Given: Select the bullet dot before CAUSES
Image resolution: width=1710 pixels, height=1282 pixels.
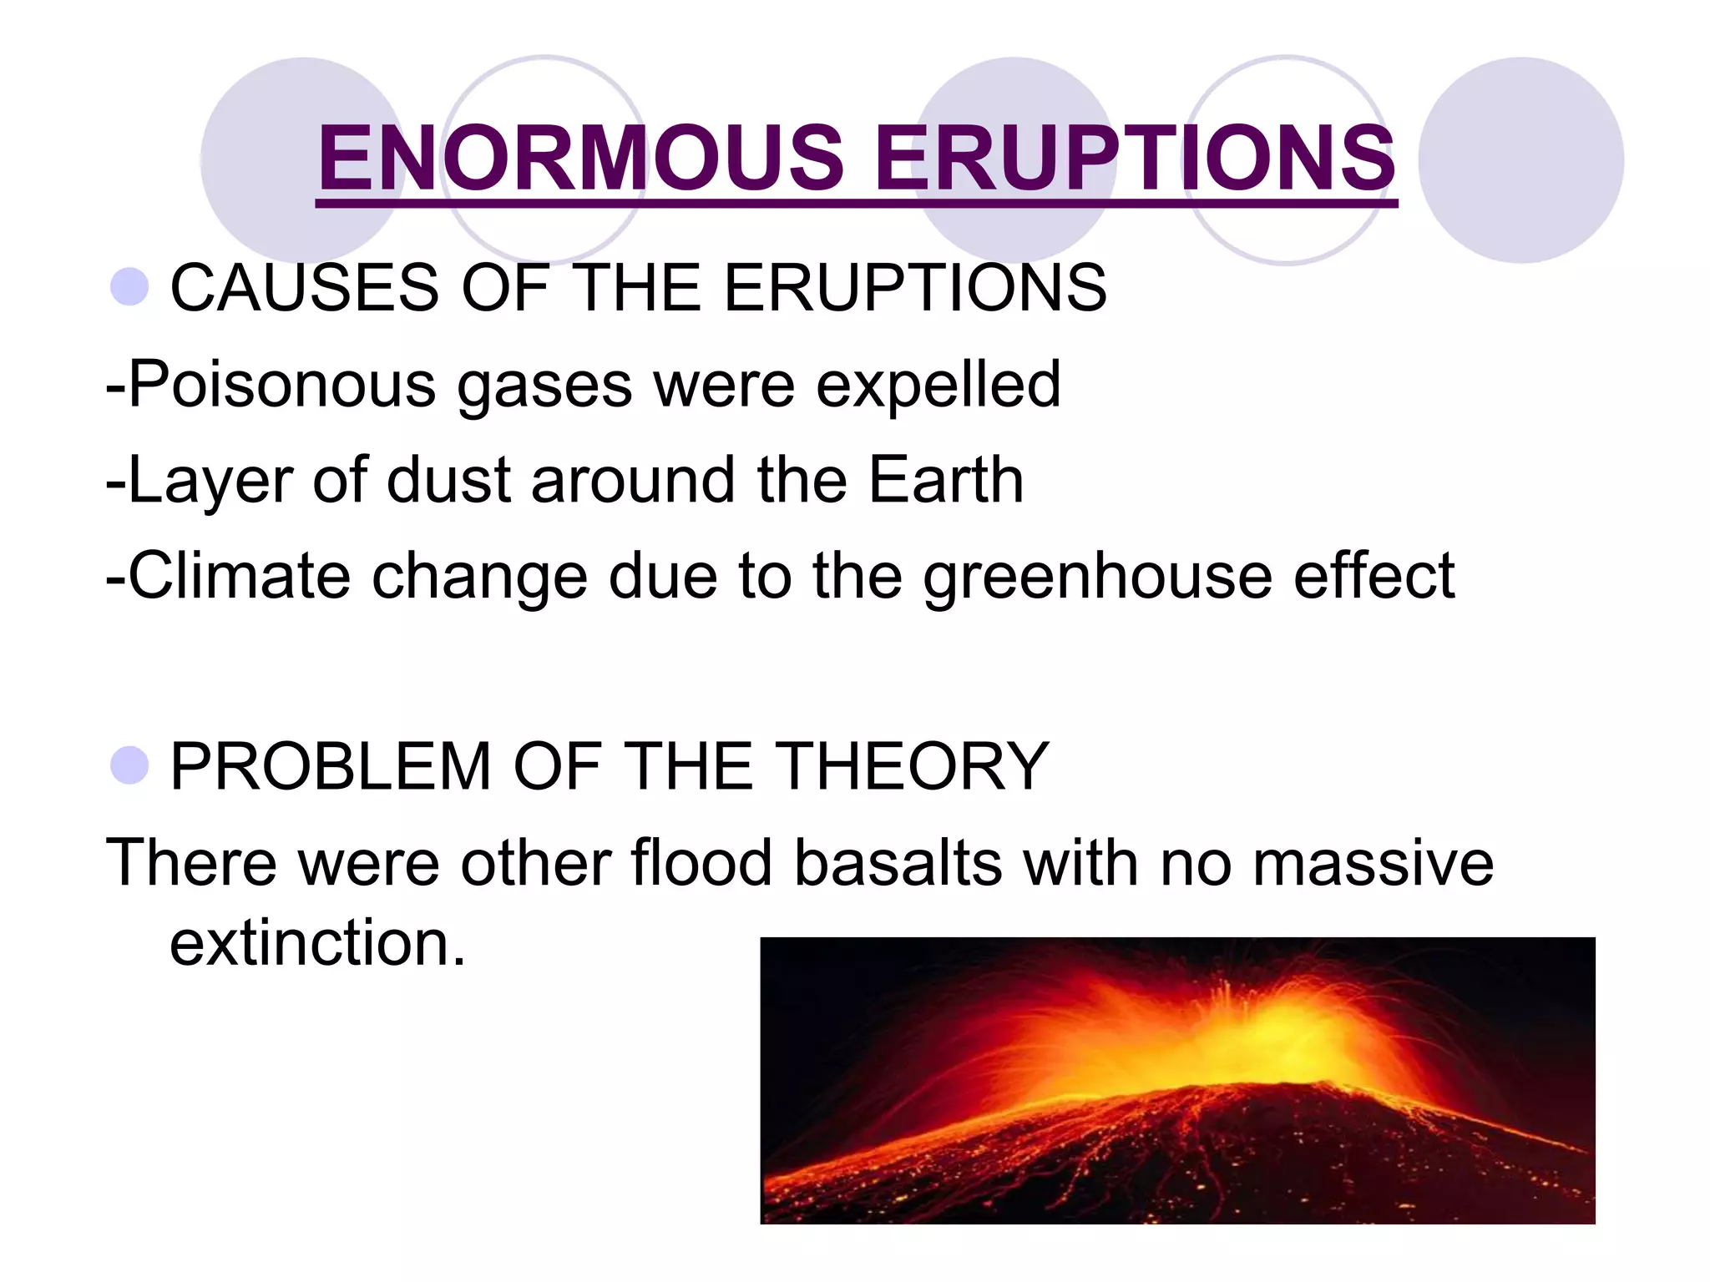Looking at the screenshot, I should tap(129, 287).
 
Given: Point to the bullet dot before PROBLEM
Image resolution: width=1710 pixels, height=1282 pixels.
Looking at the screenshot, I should tap(129, 765).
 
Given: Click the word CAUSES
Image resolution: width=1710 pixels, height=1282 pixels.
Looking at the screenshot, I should tap(305, 287).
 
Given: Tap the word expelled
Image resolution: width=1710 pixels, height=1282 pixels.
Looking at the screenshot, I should tap(938, 385).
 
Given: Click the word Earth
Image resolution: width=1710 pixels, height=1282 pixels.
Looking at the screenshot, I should tap(946, 481).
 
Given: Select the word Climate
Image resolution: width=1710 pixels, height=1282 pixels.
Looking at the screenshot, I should tap(239, 576).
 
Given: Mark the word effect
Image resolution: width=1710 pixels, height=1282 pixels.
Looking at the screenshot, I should tap(1374, 576).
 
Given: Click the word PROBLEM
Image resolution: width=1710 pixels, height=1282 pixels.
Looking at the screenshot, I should tap(331, 765).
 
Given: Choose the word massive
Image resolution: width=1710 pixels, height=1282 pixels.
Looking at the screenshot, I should tap(1374, 862).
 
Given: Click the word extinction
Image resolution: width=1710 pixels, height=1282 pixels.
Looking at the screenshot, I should tap(317, 943).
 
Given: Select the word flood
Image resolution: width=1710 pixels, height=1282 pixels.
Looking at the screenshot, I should tap(701, 862).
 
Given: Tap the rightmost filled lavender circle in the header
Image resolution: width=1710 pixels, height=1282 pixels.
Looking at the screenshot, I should tap(1521, 160).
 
